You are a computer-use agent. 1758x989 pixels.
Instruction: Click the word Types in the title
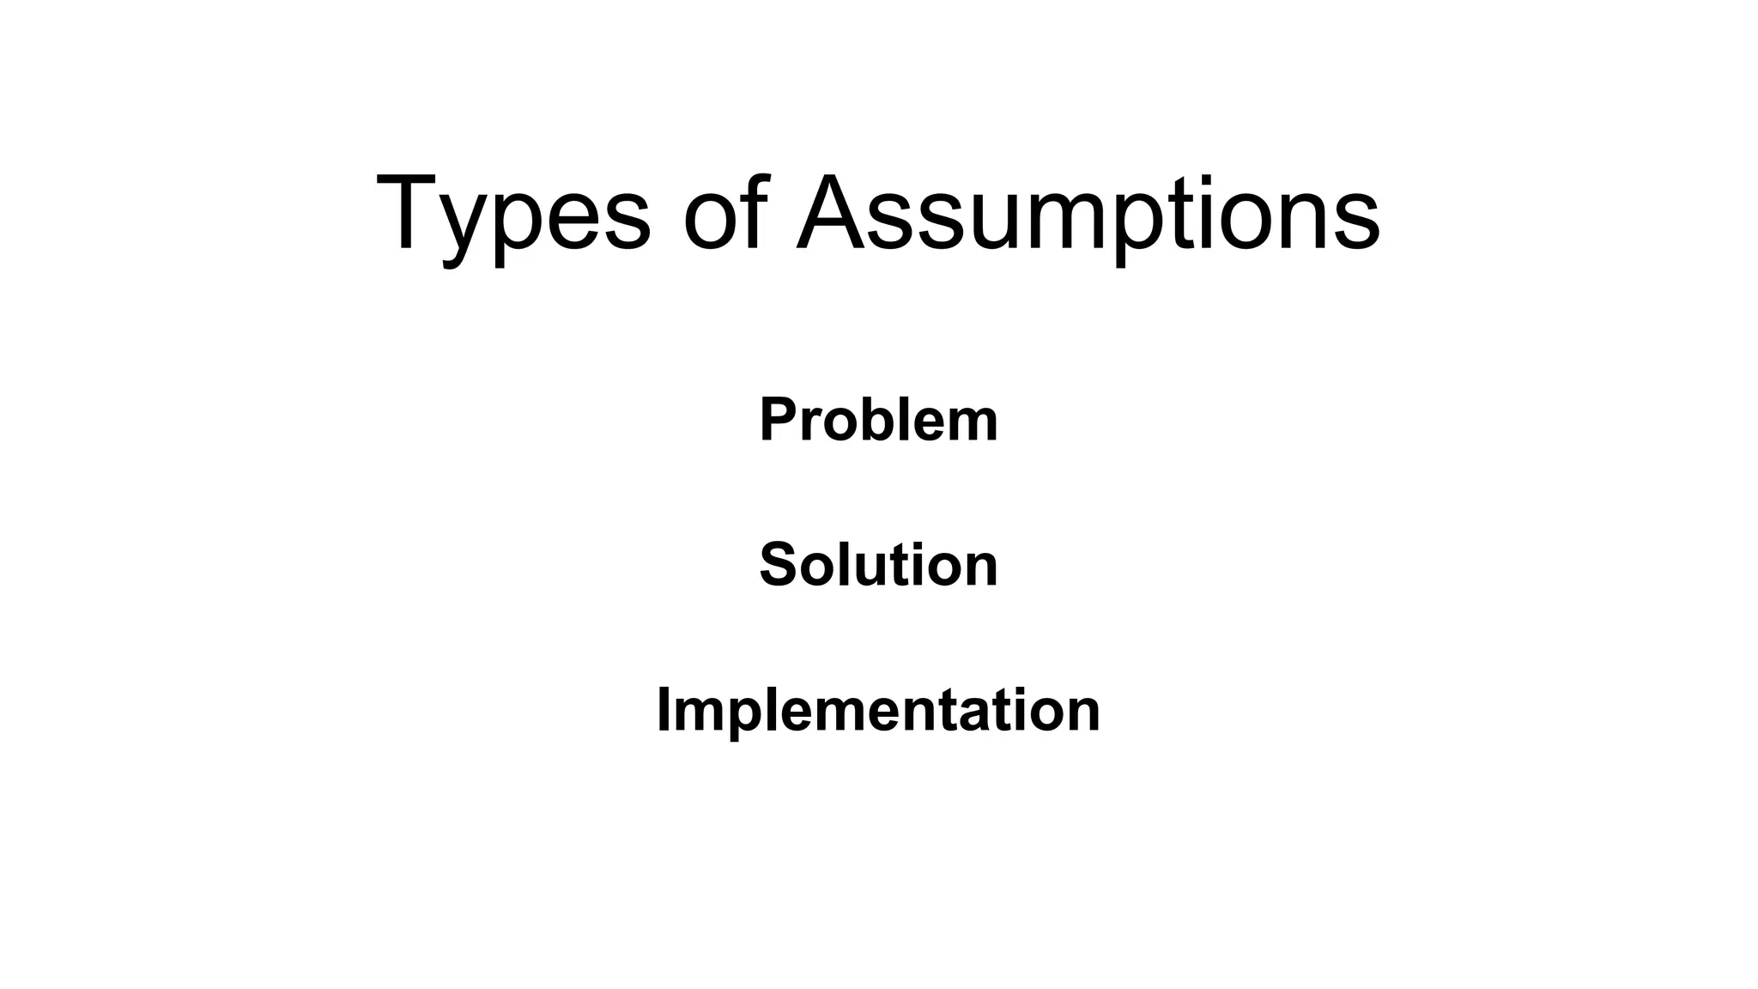[x=513, y=215]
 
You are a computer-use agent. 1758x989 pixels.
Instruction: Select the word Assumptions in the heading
[x=1088, y=215]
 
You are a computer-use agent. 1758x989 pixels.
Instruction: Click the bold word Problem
[x=878, y=420]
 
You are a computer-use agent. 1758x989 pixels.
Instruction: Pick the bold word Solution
[x=878, y=565]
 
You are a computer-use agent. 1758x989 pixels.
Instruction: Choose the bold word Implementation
[x=878, y=711]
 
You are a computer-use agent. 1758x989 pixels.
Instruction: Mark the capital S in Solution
[x=778, y=565]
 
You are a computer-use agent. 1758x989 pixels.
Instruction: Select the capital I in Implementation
[x=664, y=711]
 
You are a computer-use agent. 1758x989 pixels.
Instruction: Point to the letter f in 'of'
[x=750, y=212]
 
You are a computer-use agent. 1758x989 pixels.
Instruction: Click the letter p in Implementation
[x=741, y=718]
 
